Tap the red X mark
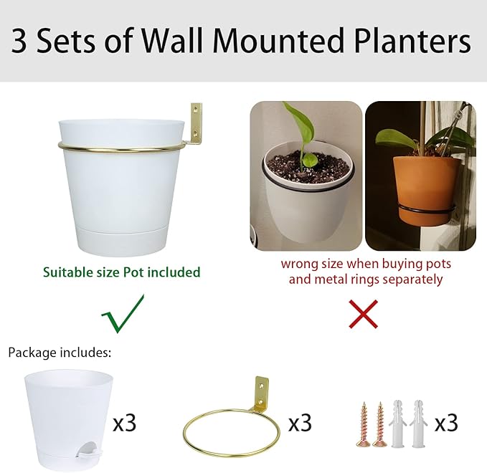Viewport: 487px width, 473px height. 364,313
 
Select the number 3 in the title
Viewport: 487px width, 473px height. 19,41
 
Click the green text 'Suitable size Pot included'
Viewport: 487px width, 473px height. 122,272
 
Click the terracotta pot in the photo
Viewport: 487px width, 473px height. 426,188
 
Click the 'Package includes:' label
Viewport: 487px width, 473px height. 60,353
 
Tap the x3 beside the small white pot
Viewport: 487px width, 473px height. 125,423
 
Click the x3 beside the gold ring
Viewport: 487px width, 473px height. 300,423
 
